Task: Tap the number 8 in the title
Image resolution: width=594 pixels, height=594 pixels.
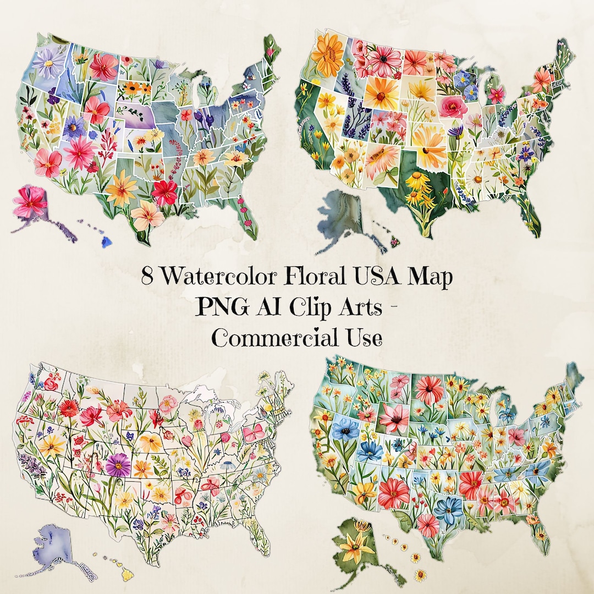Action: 147,277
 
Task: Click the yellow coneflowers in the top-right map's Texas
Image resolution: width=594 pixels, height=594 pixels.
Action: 418,187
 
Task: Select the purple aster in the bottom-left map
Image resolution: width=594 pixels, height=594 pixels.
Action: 118,465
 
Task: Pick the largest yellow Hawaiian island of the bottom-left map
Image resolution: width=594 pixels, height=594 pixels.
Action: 128,574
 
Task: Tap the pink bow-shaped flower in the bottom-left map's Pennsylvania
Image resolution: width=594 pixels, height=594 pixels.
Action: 255,433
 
